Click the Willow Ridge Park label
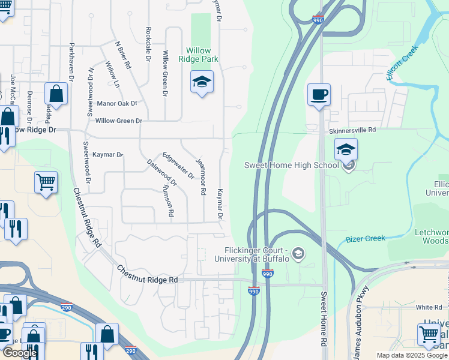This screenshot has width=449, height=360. (198, 55)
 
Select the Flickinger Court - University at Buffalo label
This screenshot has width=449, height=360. (257, 254)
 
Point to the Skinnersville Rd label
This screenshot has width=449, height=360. (352, 130)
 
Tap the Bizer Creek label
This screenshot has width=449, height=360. (366, 239)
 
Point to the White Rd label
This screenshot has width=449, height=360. (429, 307)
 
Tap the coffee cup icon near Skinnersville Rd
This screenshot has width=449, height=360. (319, 94)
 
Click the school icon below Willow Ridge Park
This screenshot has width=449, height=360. (202, 82)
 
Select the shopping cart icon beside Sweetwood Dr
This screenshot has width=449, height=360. (46, 182)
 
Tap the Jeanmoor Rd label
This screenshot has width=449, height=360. (201, 176)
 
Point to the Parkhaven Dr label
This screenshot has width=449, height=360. (71, 61)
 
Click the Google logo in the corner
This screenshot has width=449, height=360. (20, 353)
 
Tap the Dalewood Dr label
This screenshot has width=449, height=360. (162, 172)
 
